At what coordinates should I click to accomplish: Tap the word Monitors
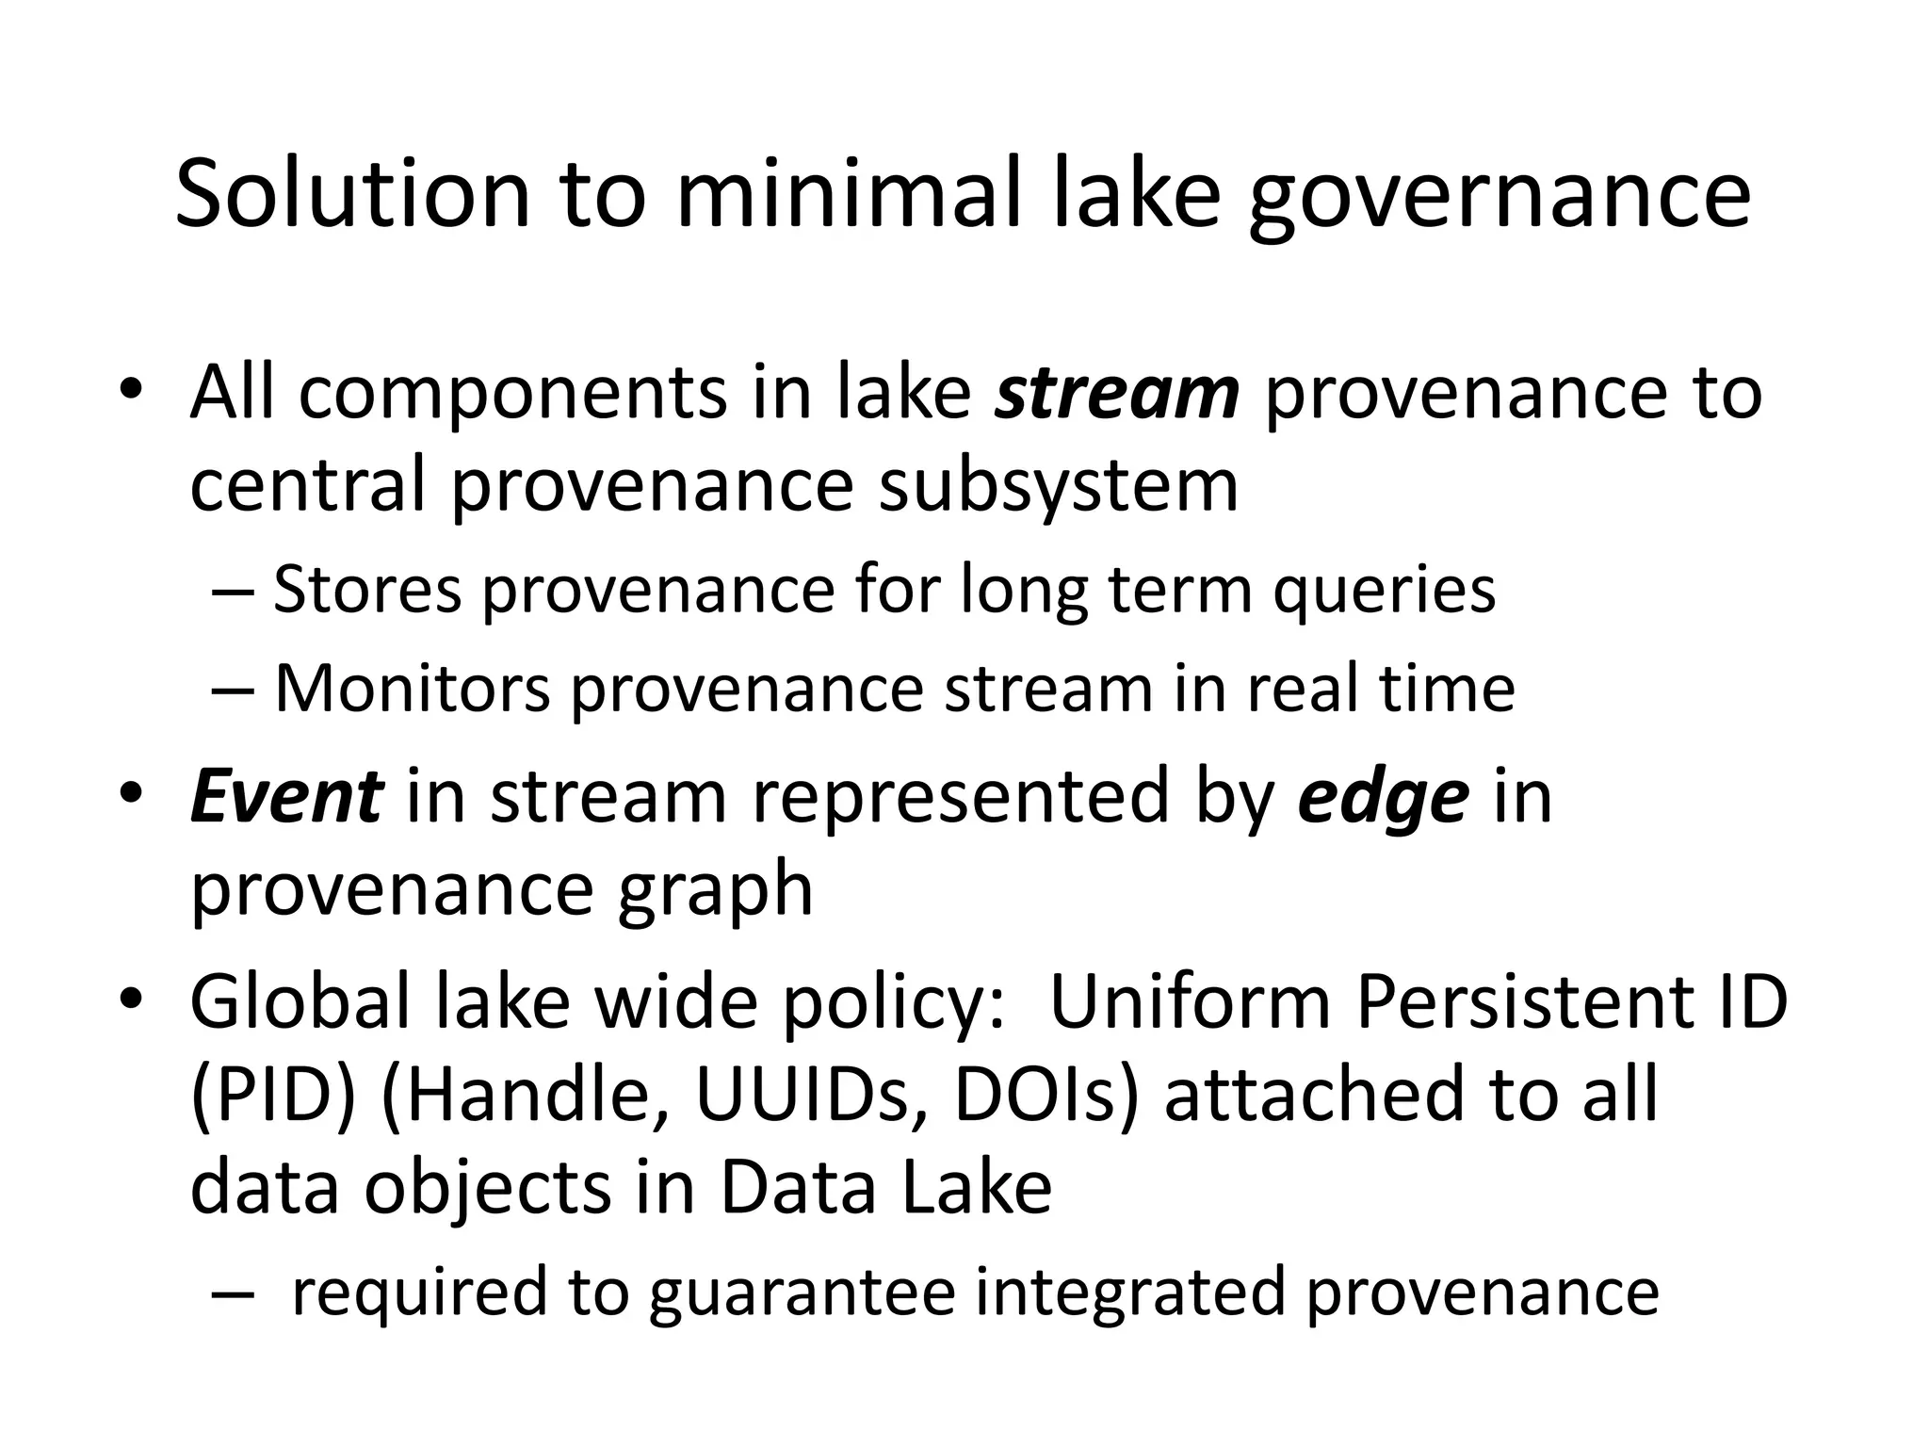(412, 688)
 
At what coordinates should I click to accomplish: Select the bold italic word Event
(286, 796)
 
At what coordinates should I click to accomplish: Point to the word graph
(715, 891)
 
